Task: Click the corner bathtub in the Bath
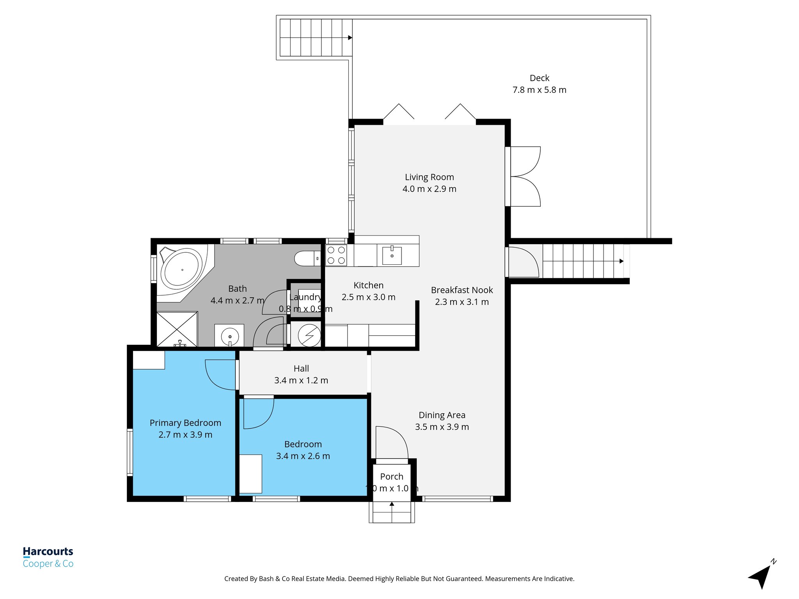[182, 269]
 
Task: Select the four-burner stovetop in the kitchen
[336, 255]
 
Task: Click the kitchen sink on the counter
[392, 255]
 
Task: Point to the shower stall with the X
[177, 329]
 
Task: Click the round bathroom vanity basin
[230, 336]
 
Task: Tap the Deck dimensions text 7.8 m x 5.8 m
[539, 90]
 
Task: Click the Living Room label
[429, 177]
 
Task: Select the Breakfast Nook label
[462, 290]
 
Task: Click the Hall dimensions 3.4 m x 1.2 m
[301, 380]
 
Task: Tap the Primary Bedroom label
[185, 423]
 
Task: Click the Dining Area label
[442, 415]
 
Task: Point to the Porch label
[391, 477]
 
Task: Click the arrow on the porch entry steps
[392, 504]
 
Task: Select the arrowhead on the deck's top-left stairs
[350, 38]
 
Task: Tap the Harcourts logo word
[48, 551]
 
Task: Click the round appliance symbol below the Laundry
[309, 335]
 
